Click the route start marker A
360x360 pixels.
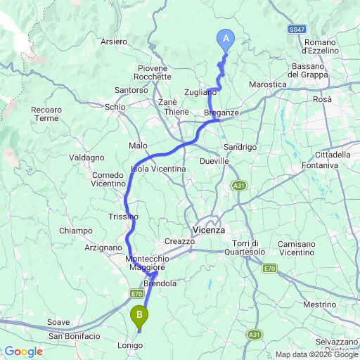point(226,38)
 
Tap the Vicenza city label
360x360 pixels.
point(208,230)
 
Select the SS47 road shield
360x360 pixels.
point(297,29)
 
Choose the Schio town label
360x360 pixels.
point(115,106)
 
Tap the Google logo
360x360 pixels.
point(23,351)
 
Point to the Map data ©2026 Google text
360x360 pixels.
point(316,354)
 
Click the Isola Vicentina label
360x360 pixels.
point(159,169)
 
